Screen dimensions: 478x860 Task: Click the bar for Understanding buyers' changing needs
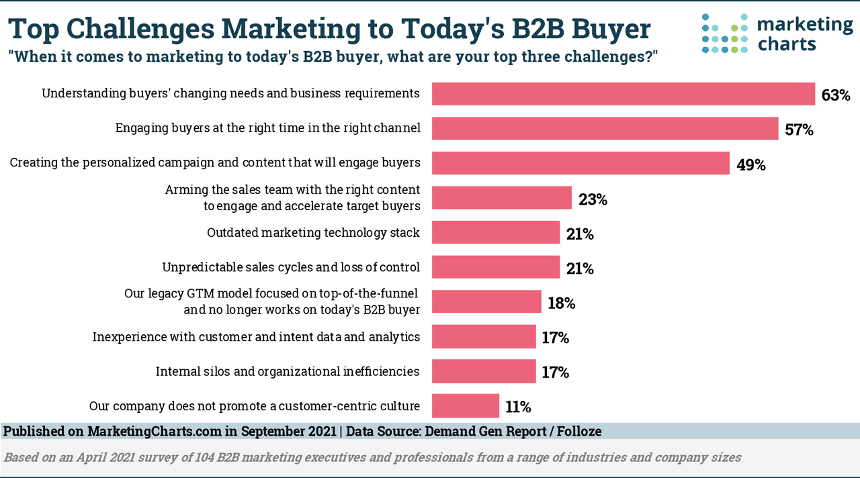pyautogui.click(x=623, y=94)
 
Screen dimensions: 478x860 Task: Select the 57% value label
pyautogui.click(x=799, y=130)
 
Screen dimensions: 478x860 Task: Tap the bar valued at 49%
pyautogui.click(x=580, y=163)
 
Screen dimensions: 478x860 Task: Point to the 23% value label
pyautogui.click(x=593, y=199)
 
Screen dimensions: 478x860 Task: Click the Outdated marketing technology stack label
pyautogui.click(x=313, y=233)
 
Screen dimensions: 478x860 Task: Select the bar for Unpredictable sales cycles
pyautogui.click(x=495, y=267)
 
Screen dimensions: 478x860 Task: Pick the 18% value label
pyautogui.click(x=561, y=303)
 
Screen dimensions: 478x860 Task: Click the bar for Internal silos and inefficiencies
pyautogui.click(x=483, y=371)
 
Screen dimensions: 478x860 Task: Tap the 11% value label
pyautogui.click(x=517, y=407)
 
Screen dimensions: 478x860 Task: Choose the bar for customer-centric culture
pyautogui.click(x=465, y=406)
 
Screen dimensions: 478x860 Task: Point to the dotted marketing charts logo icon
pyautogui.click(x=724, y=34)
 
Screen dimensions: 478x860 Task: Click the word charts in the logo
pyautogui.click(x=785, y=45)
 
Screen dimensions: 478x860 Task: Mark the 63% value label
pyautogui.click(x=835, y=95)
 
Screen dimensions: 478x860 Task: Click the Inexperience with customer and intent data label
pyautogui.click(x=256, y=336)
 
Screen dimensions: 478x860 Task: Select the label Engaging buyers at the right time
pyautogui.click(x=268, y=128)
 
